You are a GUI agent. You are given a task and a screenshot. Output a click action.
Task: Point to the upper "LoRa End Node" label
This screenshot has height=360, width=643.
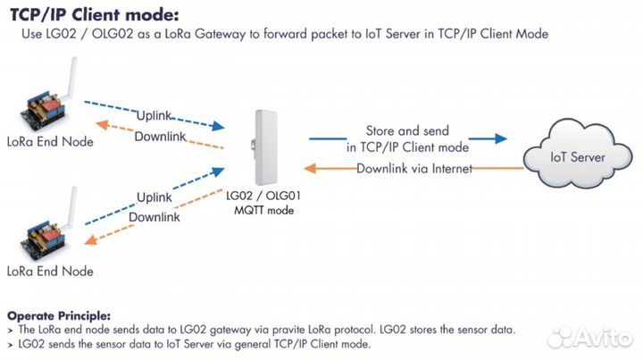pos(49,140)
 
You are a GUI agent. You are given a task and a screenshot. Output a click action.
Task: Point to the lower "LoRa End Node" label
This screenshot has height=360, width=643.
pos(49,271)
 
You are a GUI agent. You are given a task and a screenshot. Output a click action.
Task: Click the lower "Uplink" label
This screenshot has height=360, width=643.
pos(162,197)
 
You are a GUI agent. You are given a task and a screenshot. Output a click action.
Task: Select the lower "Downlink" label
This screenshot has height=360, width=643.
pos(154,217)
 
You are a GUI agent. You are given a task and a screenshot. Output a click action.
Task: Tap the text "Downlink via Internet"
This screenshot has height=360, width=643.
pos(413,169)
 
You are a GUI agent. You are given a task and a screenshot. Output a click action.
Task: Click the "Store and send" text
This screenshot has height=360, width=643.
pos(407,131)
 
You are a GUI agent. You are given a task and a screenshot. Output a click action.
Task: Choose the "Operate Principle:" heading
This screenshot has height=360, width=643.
pos(59,315)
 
